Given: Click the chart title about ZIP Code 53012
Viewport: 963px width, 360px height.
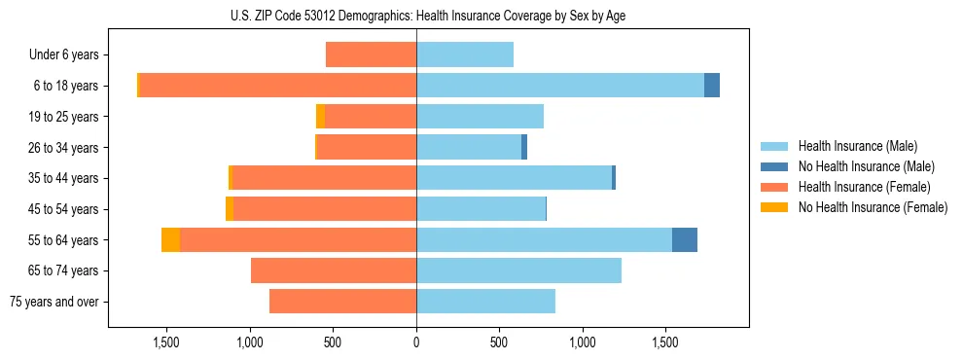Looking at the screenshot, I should click(x=429, y=16).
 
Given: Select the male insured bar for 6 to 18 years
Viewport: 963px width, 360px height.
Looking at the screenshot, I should click(x=560, y=86).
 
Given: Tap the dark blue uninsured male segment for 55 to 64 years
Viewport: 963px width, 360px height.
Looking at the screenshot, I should click(x=684, y=239).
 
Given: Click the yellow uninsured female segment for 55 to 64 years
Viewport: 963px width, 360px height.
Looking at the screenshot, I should click(x=170, y=239).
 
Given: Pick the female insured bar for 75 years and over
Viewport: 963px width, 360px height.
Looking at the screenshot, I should click(x=342, y=302).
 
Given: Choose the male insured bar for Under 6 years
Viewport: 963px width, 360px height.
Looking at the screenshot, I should click(x=465, y=54).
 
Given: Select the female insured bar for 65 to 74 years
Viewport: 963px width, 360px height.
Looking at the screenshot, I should click(x=334, y=270).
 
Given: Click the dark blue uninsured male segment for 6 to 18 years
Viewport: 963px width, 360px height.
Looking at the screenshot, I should click(x=712, y=86).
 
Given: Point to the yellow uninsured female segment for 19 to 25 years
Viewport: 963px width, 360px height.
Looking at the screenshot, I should click(x=320, y=117).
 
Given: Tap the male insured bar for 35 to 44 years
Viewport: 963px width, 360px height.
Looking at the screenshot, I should click(x=514, y=178).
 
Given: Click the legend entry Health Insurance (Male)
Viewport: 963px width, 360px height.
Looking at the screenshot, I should click(x=857, y=146).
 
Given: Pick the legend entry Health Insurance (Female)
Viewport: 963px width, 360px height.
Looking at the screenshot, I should click(x=862, y=187).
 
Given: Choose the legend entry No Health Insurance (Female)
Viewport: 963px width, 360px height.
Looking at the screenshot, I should click(x=872, y=207).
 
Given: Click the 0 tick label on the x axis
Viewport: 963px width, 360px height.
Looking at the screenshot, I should click(x=416, y=342).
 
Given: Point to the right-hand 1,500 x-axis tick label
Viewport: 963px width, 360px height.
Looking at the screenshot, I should click(x=665, y=342).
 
